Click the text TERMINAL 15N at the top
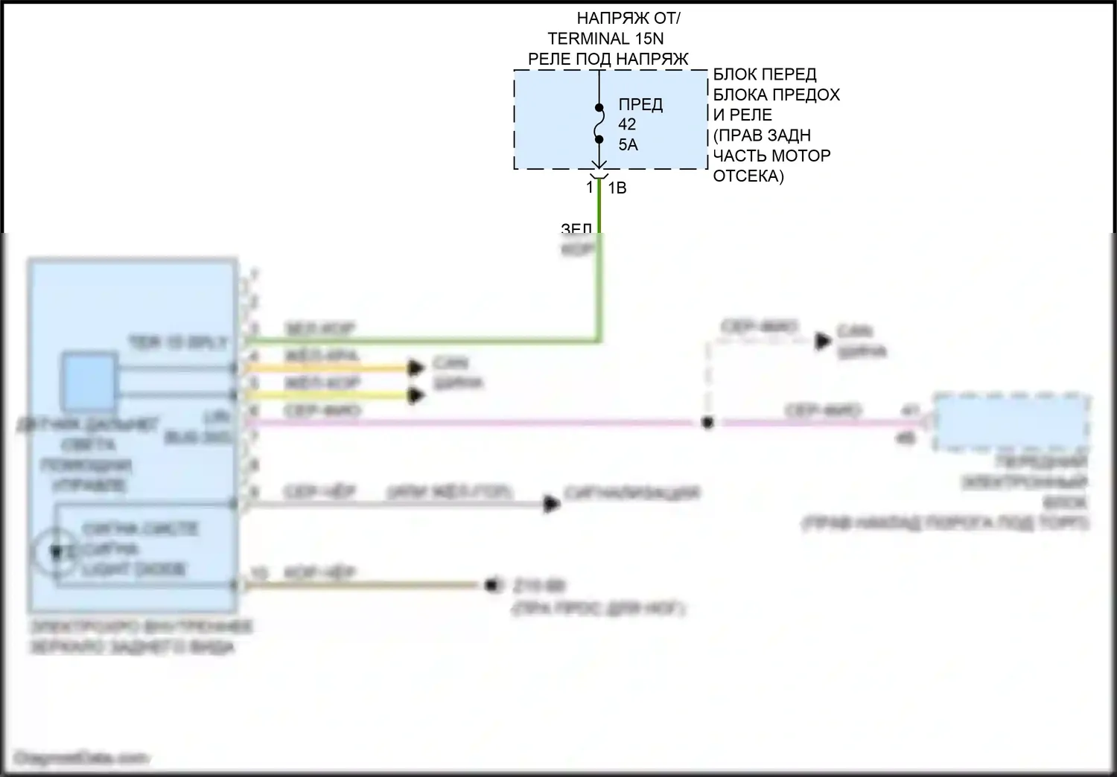pyautogui.click(x=605, y=39)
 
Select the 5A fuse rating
pyautogui.click(x=628, y=144)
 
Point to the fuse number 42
pyautogui.click(x=627, y=124)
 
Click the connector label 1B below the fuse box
pyautogui.click(x=617, y=188)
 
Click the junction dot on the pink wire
pyautogui.click(x=707, y=423)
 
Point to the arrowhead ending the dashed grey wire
pyautogui.click(x=823, y=341)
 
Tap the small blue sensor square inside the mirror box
pyautogui.click(x=89, y=381)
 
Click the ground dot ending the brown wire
pyautogui.click(x=491, y=585)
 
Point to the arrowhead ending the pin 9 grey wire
pyautogui.click(x=552, y=504)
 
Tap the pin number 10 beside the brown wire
pyautogui.click(x=258, y=573)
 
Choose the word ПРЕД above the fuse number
pyautogui.click(x=640, y=105)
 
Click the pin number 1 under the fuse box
pyautogui.click(x=589, y=186)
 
